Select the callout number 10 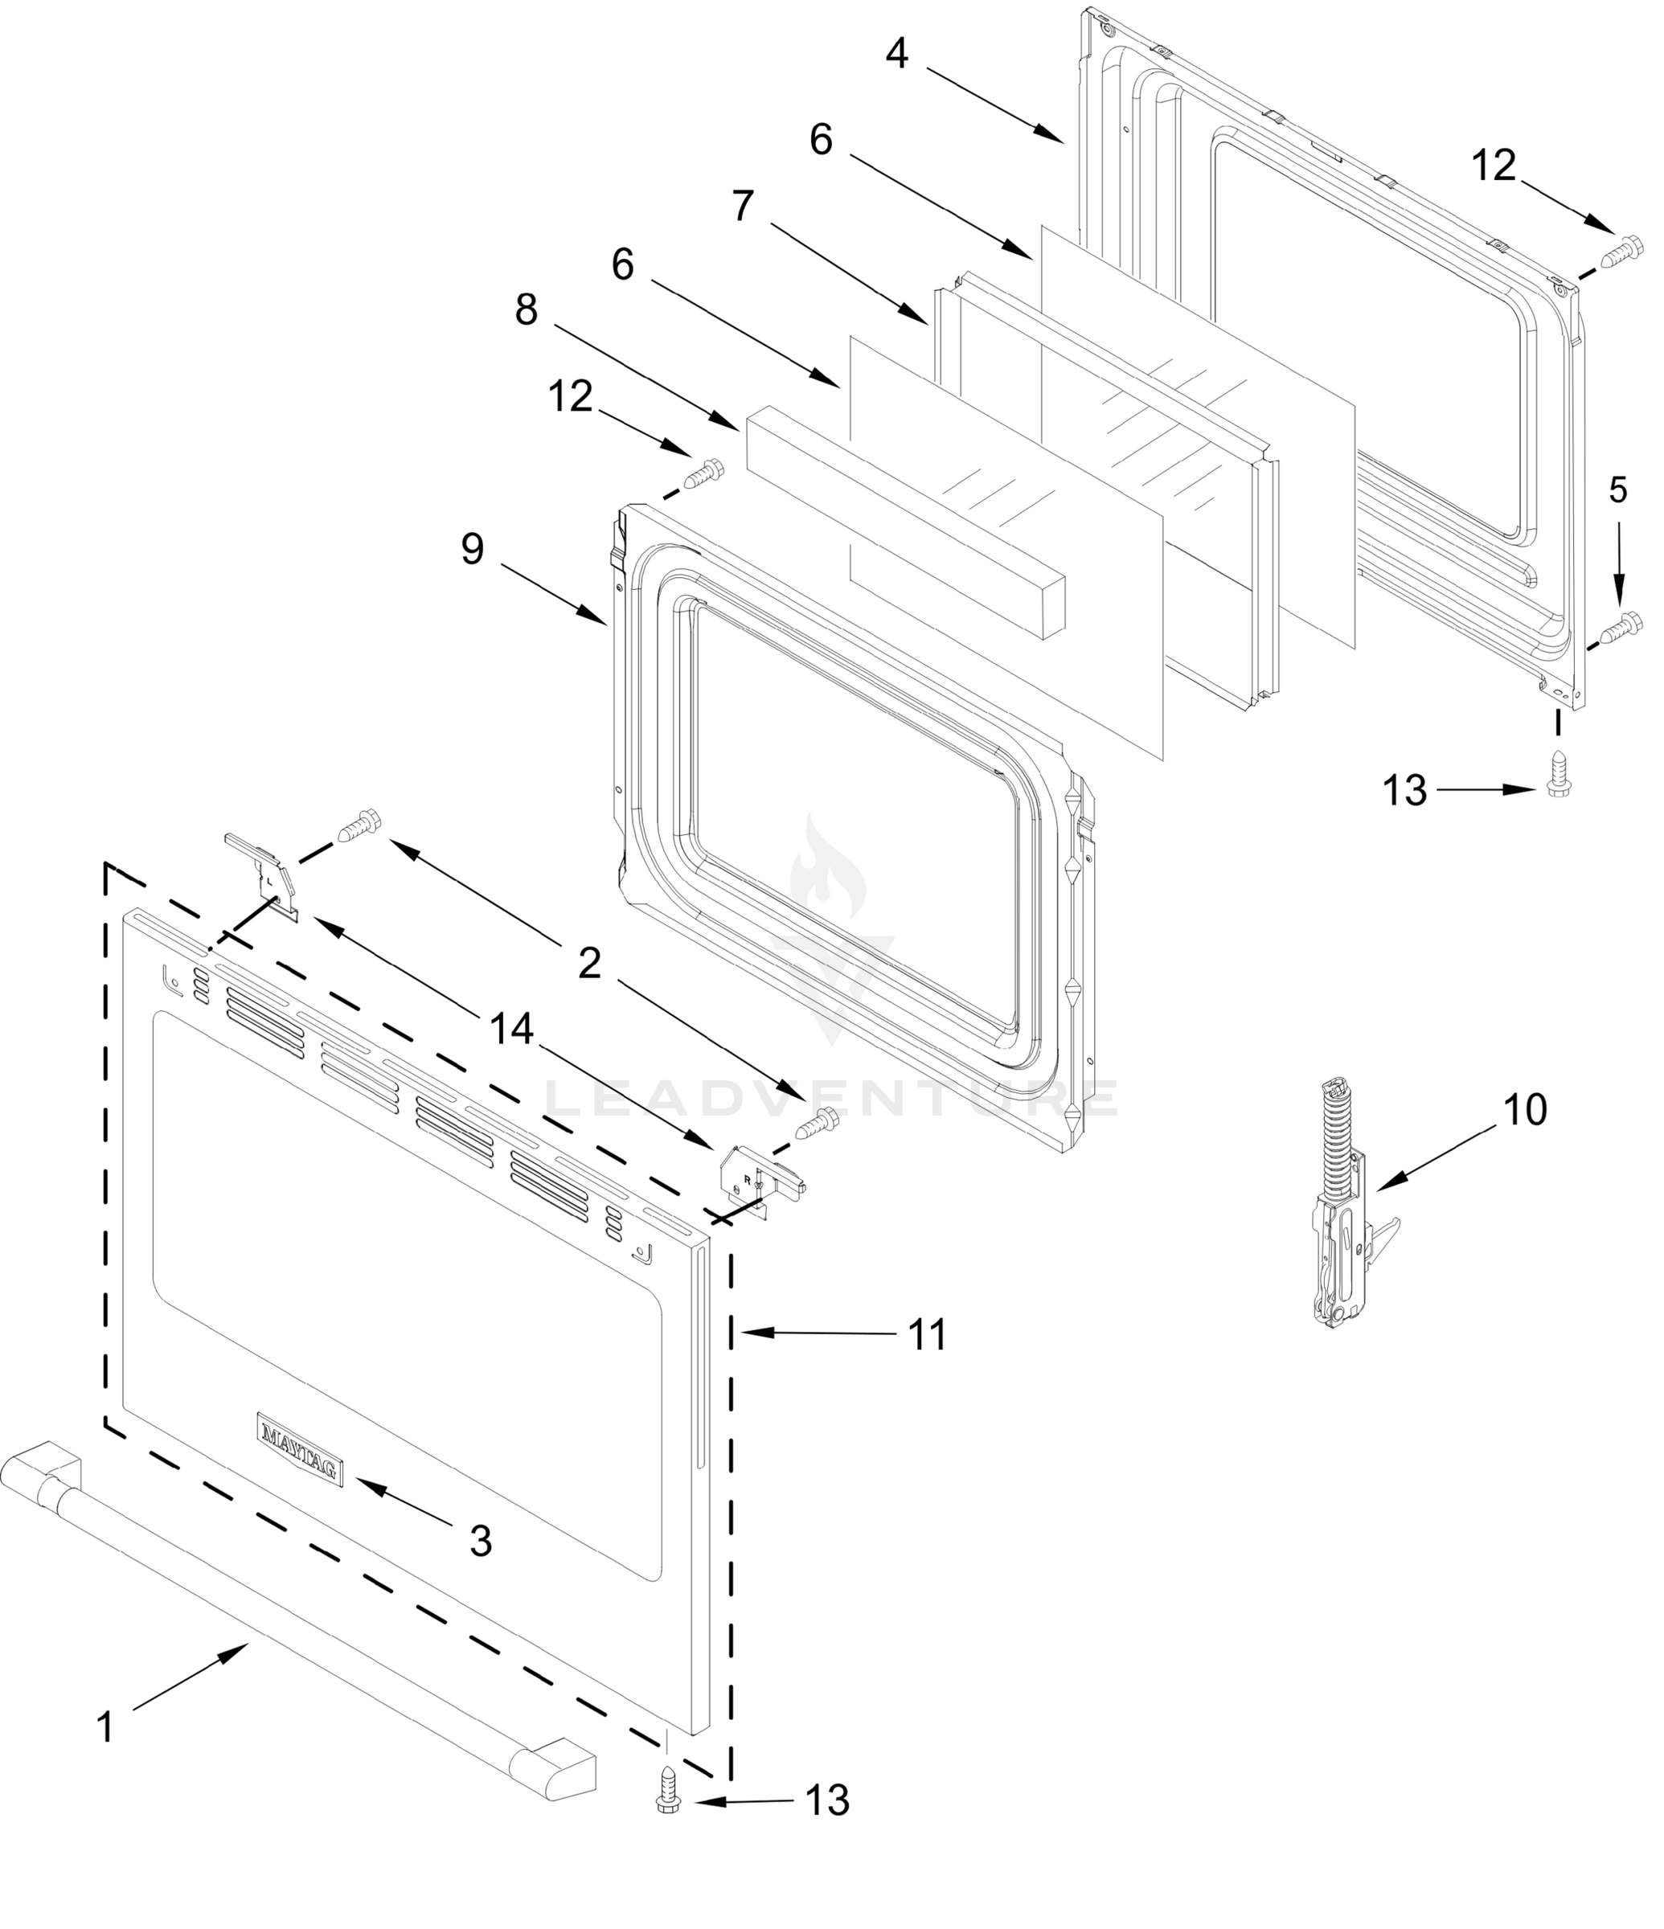coord(1525,1111)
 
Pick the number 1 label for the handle coord(105,1727)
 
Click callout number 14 coord(511,1029)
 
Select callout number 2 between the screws coord(589,964)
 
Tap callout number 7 coord(741,207)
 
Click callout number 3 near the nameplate coord(480,1542)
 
